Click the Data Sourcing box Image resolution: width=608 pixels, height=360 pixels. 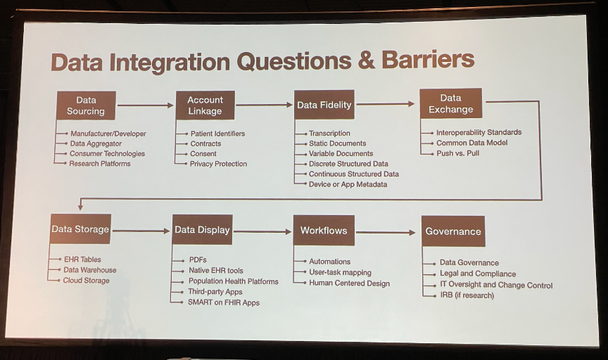point(86,105)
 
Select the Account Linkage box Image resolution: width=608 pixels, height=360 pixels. point(205,105)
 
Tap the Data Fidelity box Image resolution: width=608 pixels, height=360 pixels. point(324,105)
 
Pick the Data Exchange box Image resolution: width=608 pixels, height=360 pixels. point(451,103)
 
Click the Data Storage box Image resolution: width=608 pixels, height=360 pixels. point(80,229)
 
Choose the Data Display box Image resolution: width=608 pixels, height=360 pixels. point(203,230)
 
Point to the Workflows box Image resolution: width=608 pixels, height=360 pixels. point(324,231)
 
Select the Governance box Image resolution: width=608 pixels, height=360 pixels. point(453,231)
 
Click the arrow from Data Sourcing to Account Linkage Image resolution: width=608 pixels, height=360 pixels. point(146,105)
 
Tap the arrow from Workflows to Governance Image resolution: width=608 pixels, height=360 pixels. point(386,233)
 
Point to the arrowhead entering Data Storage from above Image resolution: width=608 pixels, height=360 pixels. point(80,207)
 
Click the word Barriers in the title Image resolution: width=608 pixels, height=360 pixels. point(428,59)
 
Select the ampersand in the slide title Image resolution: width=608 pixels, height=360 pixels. point(367,60)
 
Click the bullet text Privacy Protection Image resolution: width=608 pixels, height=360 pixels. point(218,164)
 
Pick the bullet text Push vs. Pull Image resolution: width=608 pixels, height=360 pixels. point(457,153)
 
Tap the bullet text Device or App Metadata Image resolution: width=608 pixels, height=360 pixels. point(348,184)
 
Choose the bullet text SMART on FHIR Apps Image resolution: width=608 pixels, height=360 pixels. point(224,302)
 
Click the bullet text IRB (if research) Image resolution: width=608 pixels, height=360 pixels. point(467,295)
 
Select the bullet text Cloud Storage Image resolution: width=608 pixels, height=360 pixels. point(86,280)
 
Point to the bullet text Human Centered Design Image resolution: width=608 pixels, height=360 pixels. point(349,283)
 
